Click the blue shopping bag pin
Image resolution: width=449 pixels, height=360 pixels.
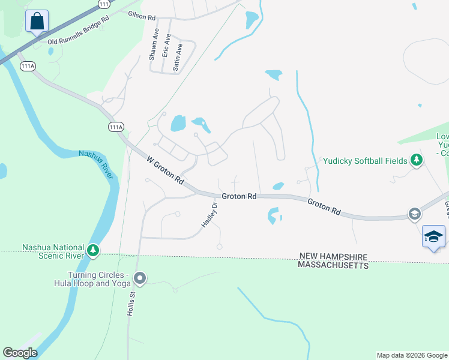pos(37,22)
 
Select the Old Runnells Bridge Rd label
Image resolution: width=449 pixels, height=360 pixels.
pos(79,30)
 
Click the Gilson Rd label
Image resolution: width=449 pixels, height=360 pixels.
pos(142,16)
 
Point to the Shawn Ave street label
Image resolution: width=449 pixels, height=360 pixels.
pos(154,46)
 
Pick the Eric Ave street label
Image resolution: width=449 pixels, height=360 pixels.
pos(168,47)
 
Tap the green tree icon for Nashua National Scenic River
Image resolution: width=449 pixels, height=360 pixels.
pos(92,250)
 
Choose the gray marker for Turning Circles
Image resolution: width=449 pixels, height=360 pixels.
pos(140,278)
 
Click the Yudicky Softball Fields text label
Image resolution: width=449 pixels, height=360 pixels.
pos(366,160)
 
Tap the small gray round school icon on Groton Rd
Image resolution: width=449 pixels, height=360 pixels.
pos(414,214)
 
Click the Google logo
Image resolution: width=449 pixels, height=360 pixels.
pos(20,352)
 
